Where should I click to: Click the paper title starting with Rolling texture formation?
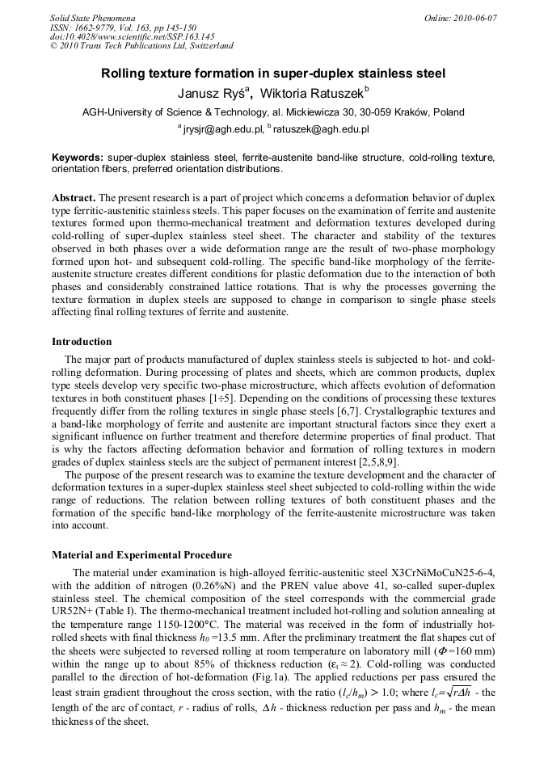pos(273,73)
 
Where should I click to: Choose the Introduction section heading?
pos(82,342)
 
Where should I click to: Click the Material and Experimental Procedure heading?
pos(141,555)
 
